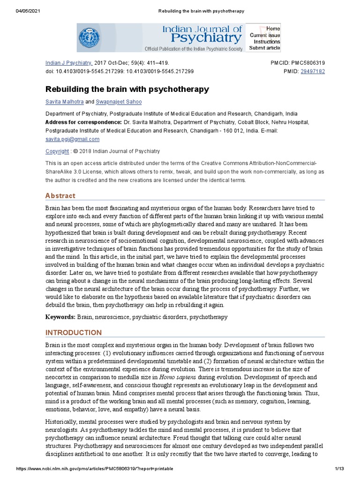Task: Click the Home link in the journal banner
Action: click(x=273, y=29)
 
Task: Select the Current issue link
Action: click(x=265, y=35)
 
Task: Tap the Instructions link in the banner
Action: click(x=267, y=42)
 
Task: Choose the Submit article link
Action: click(x=264, y=48)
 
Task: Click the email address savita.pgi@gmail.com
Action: click(x=72, y=139)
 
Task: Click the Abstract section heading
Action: click(x=60, y=195)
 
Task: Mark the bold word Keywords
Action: click(x=60, y=317)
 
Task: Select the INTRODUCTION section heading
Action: click(x=73, y=333)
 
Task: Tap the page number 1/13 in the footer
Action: click(x=340, y=469)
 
